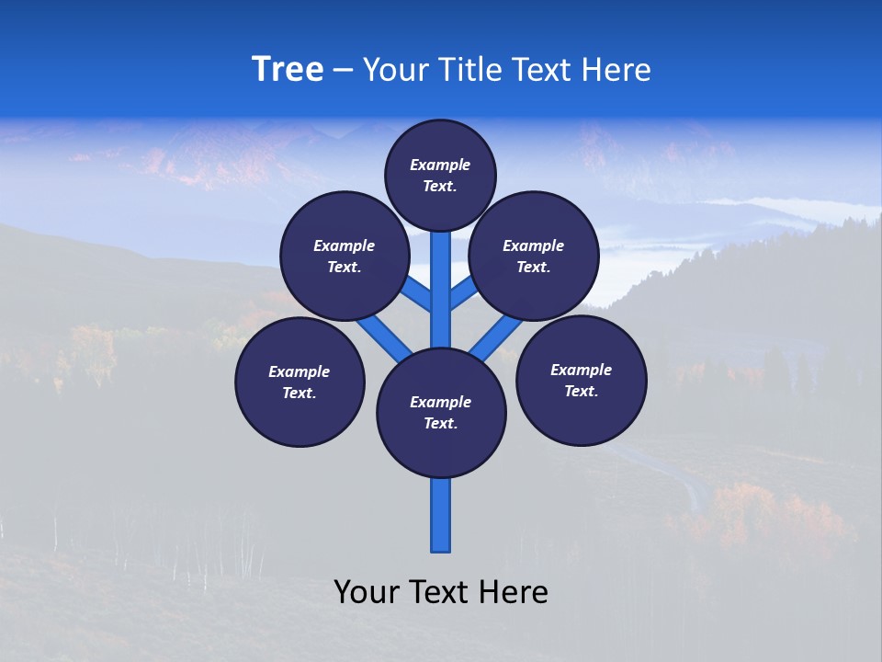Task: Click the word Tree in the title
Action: click(x=288, y=70)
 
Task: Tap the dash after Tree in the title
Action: click(x=344, y=71)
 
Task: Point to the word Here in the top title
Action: click(x=617, y=70)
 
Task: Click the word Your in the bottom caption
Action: click(x=366, y=592)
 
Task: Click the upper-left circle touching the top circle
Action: click(x=345, y=256)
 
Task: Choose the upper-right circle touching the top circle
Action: click(x=534, y=256)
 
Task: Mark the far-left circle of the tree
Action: click(x=300, y=382)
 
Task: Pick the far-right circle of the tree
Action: click(x=581, y=380)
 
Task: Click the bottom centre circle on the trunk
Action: click(x=441, y=413)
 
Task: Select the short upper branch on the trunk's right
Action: click(x=462, y=294)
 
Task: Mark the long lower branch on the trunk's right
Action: click(x=496, y=338)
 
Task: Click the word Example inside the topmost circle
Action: click(x=440, y=165)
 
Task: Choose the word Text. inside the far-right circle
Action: click(x=581, y=391)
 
